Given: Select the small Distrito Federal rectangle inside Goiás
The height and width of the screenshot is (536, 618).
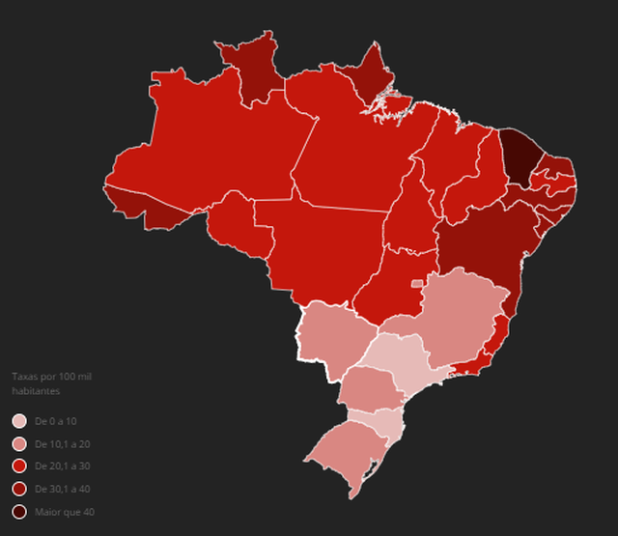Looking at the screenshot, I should [417, 283].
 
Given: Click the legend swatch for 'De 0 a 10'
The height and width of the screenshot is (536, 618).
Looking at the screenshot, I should [19, 422].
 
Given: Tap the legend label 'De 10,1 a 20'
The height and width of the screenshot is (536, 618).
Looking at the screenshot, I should [62, 444].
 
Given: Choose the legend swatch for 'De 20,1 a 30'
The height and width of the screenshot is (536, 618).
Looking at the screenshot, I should [19, 466].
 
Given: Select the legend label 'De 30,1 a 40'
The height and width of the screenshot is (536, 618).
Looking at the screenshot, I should [62, 489].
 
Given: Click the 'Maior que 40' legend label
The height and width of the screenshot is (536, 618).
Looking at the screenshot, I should [64, 512].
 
